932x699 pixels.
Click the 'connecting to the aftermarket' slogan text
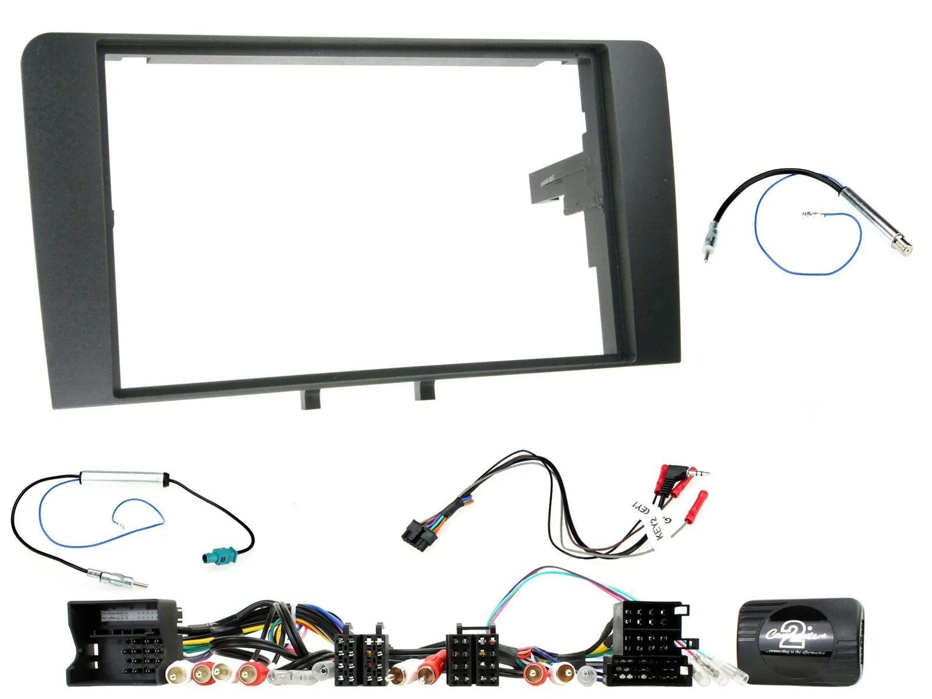pyautogui.click(x=797, y=652)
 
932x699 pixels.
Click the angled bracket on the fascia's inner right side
pyautogui.click(x=559, y=181)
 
